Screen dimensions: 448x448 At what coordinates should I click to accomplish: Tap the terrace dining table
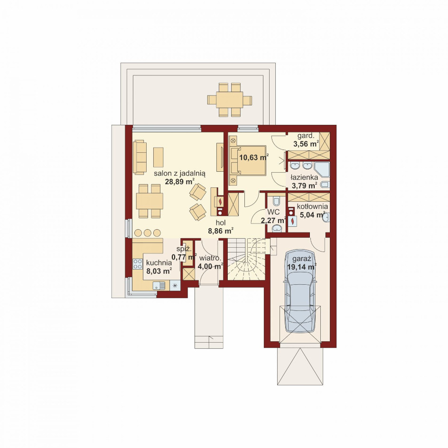coord(229,100)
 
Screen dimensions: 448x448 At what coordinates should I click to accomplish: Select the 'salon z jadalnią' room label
coord(180,173)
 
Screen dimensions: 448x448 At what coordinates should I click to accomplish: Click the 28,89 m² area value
coord(180,181)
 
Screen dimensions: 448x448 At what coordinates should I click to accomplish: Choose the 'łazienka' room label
coord(304,177)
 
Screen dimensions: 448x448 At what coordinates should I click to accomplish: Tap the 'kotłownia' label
coord(312,206)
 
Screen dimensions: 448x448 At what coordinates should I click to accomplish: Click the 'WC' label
coord(273,213)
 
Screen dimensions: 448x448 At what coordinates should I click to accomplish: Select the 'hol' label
coord(221,223)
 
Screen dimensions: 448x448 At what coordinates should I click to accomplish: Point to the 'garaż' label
coord(301,260)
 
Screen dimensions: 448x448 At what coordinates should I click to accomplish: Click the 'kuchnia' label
coord(159,263)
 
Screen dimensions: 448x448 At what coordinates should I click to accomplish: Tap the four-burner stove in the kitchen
coord(138,264)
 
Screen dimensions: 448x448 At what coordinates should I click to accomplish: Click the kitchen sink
coord(159,285)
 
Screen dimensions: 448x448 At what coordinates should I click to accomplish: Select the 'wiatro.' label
coord(210,258)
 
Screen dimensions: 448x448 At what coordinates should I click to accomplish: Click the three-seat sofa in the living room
coord(140,157)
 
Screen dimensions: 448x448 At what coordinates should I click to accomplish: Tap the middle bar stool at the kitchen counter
coord(148,233)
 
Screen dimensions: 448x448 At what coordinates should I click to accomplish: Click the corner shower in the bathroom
coord(321,169)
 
